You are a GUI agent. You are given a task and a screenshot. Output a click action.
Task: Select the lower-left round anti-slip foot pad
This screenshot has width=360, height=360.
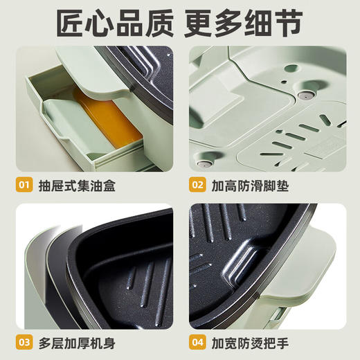(204, 163)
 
